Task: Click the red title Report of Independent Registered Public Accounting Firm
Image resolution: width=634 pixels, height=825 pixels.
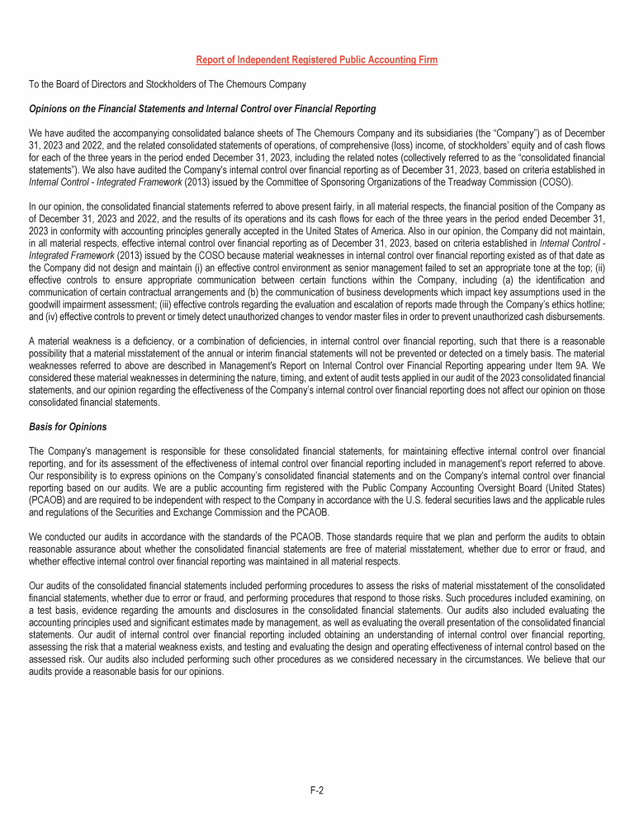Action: [x=316, y=60]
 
